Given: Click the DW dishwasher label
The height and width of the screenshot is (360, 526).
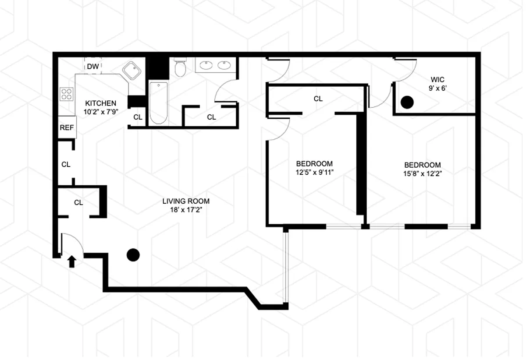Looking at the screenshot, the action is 93,67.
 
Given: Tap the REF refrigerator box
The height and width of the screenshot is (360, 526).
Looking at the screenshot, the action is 67,127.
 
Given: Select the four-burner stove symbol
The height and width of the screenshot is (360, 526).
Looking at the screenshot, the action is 67,94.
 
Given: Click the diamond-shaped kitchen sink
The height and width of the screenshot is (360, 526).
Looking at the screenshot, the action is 132,71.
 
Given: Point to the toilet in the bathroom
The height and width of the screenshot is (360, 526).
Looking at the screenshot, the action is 180,67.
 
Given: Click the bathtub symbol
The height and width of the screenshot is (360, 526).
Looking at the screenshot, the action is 159,103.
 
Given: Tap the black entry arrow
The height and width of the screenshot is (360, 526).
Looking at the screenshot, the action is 72,261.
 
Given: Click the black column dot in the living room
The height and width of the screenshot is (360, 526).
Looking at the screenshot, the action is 133,255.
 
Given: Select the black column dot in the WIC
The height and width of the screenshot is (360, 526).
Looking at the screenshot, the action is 407,102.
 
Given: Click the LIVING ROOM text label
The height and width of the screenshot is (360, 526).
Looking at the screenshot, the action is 186,201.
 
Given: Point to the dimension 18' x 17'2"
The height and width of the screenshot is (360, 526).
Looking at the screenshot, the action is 186,210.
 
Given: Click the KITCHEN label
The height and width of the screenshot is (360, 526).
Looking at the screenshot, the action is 100,103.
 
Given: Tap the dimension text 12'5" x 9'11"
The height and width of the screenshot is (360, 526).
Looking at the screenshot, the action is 314,173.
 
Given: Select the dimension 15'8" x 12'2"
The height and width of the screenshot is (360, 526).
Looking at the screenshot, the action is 423,174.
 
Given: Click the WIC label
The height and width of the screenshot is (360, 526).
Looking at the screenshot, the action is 437,80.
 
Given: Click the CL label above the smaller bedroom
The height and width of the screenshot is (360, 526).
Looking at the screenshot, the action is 318,99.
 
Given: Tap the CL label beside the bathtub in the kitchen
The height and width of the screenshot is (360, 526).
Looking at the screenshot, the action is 138,117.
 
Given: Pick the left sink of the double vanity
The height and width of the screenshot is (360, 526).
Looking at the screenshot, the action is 206,65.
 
